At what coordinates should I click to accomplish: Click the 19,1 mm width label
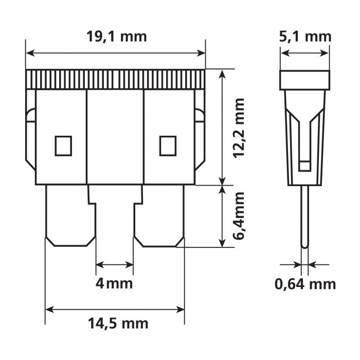coord(117,37)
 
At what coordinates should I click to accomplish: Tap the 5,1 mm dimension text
coord(304,37)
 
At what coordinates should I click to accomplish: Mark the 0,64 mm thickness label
coord(304,283)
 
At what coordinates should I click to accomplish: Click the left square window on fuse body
coord(63,146)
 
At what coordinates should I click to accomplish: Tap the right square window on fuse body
coord(168,146)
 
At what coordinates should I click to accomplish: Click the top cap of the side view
coord(304,80)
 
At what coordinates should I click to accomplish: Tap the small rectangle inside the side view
coord(304,166)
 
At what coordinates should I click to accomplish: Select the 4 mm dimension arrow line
coord(115,265)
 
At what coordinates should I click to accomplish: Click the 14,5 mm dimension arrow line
coord(115,310)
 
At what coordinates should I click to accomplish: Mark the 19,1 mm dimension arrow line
coord(115,52)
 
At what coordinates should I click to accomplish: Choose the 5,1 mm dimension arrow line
coord(304,52)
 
